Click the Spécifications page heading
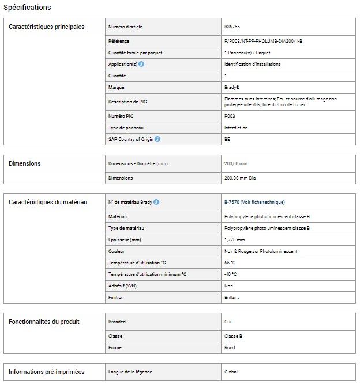click(x=27, y=8)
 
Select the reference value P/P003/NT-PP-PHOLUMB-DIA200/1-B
click(x=263, y=41)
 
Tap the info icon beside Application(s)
click(x=141, y=64)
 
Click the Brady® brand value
click(x=232, y=87)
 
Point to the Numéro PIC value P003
click(x=230, y=116)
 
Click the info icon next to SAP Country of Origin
click(x=157, y=139)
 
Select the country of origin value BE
click(x=227, y=139)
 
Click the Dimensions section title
click(x=25, y=163)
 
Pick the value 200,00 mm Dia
click(x=240, y=178)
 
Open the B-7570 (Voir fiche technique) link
click(x=254, y=202)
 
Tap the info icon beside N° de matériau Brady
click(x=156, y=202)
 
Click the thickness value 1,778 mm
click(x=234, y=240)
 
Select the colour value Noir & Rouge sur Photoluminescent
click(x=260, y=251)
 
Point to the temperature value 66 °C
click(x=230, y=263)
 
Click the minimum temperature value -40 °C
click(x=230, y=274)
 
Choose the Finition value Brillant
click(x=231, y=297)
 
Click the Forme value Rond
click(x=230, y=347)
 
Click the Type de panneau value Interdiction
click(x=236, y=128)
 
